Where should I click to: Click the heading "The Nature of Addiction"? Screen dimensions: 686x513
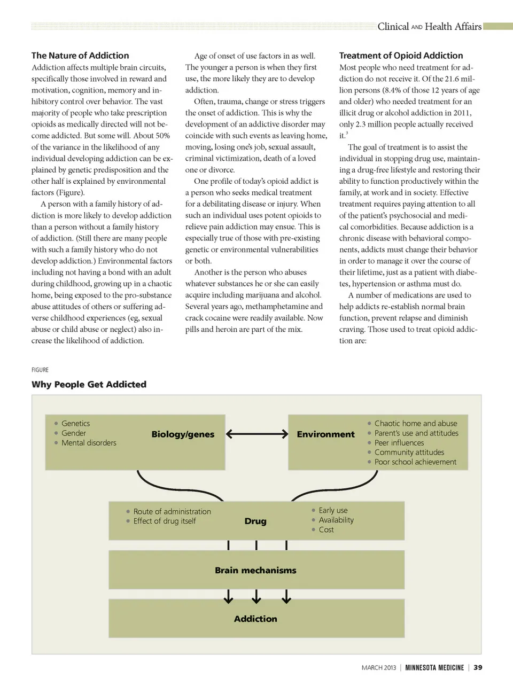[80, 56]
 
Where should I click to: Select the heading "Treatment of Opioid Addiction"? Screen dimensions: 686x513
[401, 56]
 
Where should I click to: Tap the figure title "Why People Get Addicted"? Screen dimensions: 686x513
[89, 384]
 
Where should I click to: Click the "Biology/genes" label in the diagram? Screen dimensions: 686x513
[183, 434]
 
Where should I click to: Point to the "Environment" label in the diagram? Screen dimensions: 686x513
[325, 434]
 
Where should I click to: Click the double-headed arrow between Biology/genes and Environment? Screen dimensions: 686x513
[256, 434]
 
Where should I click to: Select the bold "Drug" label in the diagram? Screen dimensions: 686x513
[255, 521]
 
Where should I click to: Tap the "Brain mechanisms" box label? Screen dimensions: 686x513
[255, 570]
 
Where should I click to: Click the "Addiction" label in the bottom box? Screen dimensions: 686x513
[255, 619]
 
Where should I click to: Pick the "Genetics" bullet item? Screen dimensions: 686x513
[75, 423]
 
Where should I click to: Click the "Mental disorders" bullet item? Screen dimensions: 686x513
[89, 443]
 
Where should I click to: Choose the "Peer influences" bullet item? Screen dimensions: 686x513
[399, 443]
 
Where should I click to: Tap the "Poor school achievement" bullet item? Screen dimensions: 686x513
[415, 462]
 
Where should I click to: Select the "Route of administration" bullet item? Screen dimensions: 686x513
[172, 511]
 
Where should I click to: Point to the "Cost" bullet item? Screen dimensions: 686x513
[326, 529]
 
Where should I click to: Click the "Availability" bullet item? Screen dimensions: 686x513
[336, 520]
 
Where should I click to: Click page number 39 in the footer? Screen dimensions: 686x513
[478, 667]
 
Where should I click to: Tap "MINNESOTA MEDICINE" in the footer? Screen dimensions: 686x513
[434, 667]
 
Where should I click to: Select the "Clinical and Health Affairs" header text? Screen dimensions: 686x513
[429, 27]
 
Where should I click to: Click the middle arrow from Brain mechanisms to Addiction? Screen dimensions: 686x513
[256, 596]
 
